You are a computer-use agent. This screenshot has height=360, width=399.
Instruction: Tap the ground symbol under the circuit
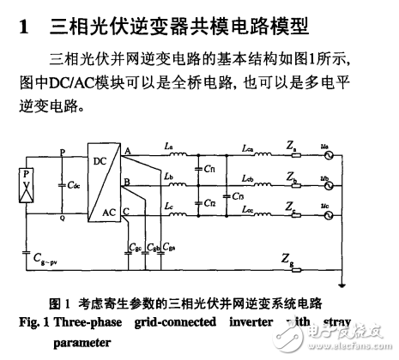click(342, 286)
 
